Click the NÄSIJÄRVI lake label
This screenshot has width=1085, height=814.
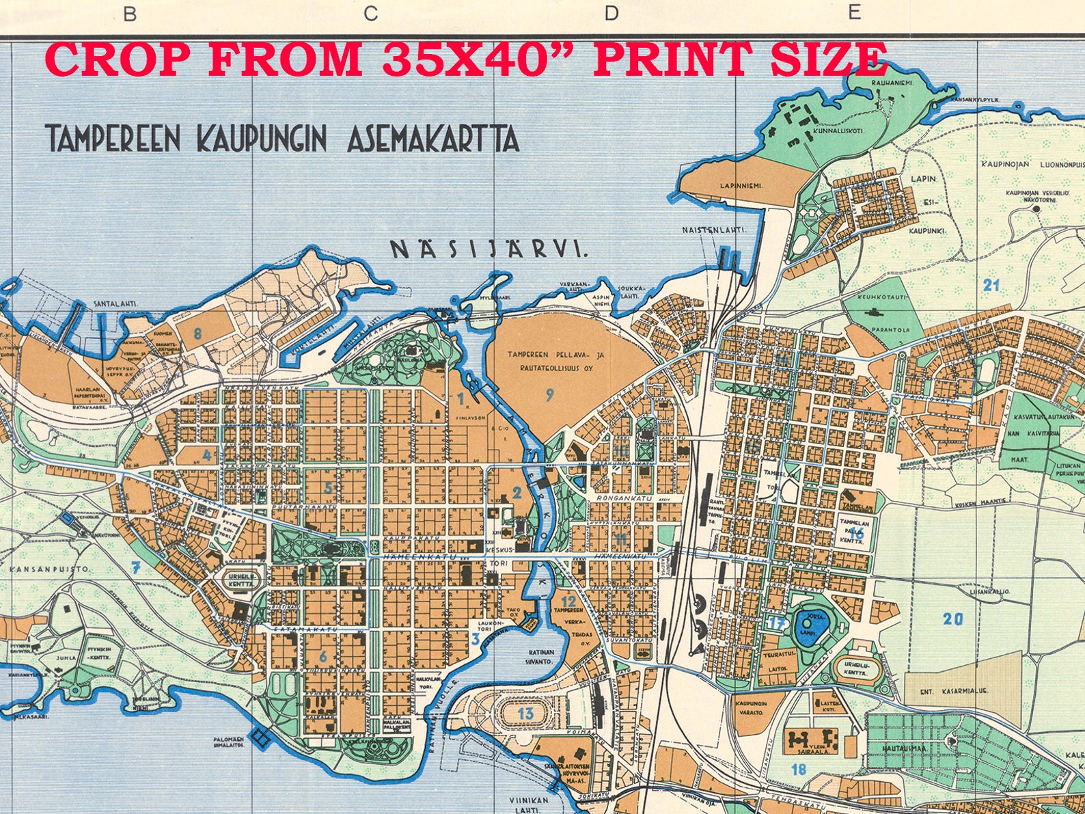pos(489,249)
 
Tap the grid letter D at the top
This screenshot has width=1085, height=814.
pos(611,13)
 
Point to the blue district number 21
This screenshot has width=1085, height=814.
pos(991,286)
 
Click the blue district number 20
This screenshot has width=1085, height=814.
pos(953,620)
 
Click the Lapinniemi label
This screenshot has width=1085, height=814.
pos(740,185)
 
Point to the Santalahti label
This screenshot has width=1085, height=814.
pos(113,303)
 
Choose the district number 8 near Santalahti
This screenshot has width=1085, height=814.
pos(197,334)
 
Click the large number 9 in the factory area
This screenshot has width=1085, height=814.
pos(549,394)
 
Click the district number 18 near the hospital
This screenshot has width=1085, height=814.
pos(798,769)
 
